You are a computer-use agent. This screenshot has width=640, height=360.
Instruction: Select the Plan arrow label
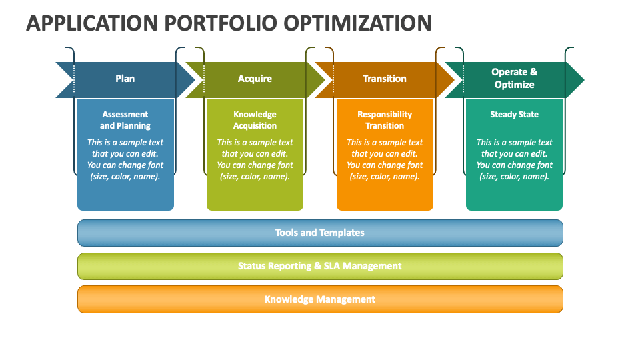pyautogui.click(x=125, y=79)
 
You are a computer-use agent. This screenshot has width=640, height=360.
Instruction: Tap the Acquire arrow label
pyautogui.click(x=255, y=79)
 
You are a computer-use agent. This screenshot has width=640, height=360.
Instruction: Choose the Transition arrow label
pyautogui.click(x=384, y=79)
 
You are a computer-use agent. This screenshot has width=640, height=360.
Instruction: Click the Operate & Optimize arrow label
pyautogui.click(x=514, y=79)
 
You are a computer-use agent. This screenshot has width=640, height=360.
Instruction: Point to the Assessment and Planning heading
pyautogui.click(x=125, y=120)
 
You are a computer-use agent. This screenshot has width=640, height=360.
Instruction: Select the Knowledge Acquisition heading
pyautogui.click(x=255, y=120)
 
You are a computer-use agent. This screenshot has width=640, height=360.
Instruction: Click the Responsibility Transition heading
pyautogui.click(x=385, y=120)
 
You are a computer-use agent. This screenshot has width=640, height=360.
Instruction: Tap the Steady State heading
pyautogui.click(x=514, y=115)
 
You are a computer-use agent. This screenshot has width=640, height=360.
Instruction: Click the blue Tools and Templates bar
pyautogui.click(x=320, y=233)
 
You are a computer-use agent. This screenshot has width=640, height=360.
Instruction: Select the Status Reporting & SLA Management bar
pyautogui.click(x=320, y=266)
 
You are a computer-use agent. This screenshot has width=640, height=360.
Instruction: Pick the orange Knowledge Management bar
pyautogui.click(x=320, y=299)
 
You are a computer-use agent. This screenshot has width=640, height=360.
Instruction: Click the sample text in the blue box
pyautogui.click(x=125, y=159)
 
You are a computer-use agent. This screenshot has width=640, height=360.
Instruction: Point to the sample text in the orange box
pyautogui.click(x=385, y=159)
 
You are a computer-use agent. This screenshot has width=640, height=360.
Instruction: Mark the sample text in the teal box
pyautogui.click(x=514, y=159)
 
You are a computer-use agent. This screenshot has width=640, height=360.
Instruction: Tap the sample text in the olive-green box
pyautogui.click(x=255, y=159)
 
